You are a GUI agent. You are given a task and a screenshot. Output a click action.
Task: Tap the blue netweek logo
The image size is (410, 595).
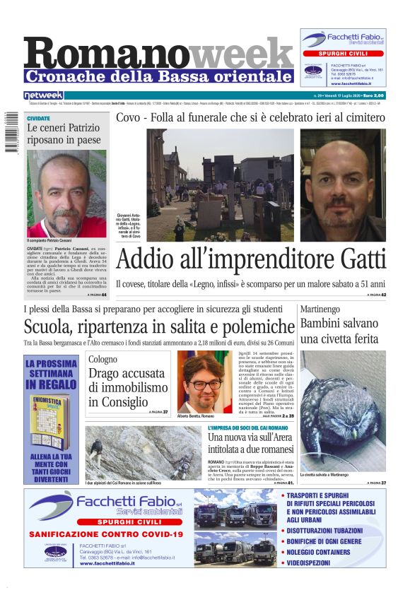point(44,95)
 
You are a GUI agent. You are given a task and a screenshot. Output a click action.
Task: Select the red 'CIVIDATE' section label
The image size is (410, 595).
point(38,118)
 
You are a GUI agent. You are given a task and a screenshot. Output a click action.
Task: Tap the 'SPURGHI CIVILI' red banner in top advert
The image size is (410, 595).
point(343,52)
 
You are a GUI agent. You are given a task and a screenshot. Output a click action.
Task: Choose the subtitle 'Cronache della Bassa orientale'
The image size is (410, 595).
point(158,76)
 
